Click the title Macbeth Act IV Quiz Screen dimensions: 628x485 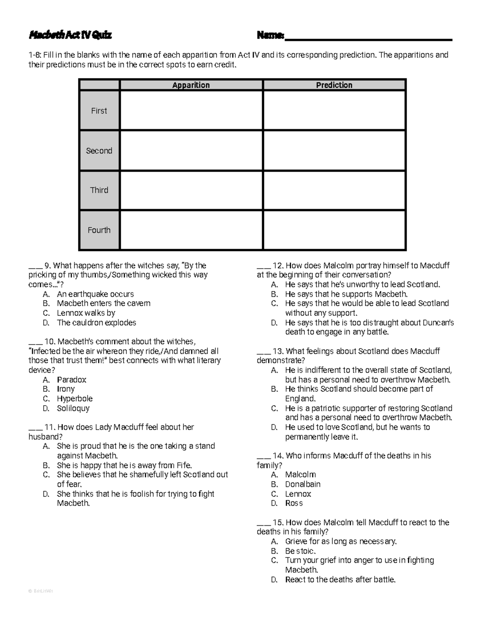(70, 36)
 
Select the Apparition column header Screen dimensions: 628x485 (191, 85)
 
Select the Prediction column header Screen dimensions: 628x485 (334, 85)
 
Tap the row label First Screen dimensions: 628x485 (99, 111)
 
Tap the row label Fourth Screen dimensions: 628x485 (99, 230)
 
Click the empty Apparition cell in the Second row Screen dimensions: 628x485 (191, 150)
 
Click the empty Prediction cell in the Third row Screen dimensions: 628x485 (334, 190)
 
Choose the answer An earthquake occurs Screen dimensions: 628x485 (95, 294)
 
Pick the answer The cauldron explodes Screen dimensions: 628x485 (96, 323)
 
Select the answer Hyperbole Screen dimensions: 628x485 (75, 399)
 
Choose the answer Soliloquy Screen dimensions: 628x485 (73, 408)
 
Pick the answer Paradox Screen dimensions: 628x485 (72, 380)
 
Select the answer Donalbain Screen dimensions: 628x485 (303, 484)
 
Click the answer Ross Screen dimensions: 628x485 (294, 503)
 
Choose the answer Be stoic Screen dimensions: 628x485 (300, 551)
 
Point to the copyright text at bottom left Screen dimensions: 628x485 (40, 591)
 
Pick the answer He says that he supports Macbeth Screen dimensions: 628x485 (346, 294)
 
